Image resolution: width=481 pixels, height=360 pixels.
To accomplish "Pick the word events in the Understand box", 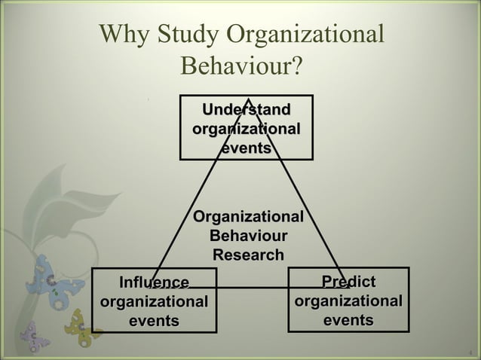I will pyautogui.click(x=246, y=148).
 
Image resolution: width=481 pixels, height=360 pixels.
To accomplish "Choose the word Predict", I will pyautogui.click(x=348, y=282).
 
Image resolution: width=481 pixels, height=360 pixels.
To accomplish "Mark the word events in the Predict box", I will pyautogui.click(x=348, y=321).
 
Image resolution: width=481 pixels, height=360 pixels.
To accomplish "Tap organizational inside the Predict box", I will pyautogui.click(x=348, y=302).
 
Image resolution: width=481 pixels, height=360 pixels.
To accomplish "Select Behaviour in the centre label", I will pyautogui.click(x=248, y=236).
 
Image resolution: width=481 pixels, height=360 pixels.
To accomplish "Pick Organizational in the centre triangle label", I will pyautogui.click(x=248, y=218).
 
